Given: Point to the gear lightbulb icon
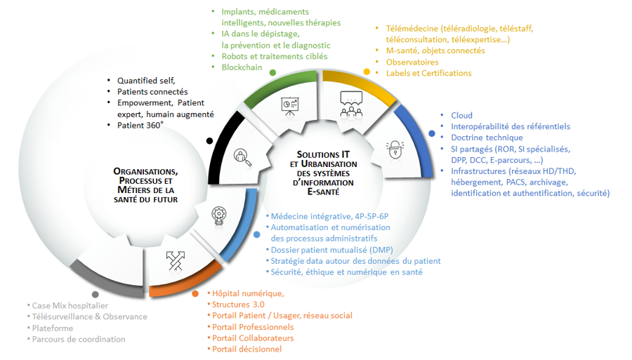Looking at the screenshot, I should click(x=217, y=217).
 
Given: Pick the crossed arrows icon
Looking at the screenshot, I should click(x=175, y=260).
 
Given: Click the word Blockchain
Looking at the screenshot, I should click(x=242, y=67).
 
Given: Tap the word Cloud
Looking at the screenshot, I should click(x=461, y=115).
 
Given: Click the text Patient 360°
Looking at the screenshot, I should click(x=140, y=125).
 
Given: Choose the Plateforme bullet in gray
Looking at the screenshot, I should click(x=52, y=328).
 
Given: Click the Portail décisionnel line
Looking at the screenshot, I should click(x=246, y=349).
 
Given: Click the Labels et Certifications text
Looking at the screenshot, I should click(x=428, y=73).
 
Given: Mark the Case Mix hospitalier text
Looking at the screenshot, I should click(x=70, y=305).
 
